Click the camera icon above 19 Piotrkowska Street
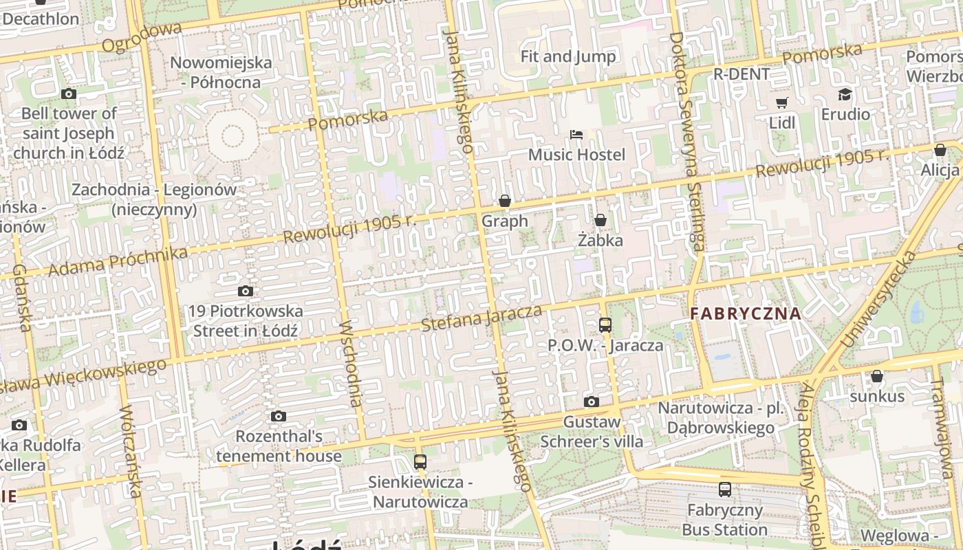point(245,291)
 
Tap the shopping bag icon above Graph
point(505,201)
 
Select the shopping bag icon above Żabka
point(600,220)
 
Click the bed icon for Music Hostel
point(576,134)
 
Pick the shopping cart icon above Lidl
point(781,103)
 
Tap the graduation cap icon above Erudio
point(845,94)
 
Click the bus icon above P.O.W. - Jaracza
point(605,325)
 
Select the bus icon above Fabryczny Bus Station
point(725,489)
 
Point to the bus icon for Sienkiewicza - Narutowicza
point(420,462)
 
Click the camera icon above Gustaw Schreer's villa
point(591,401)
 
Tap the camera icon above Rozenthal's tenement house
point(279,416)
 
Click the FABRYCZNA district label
point(746,314)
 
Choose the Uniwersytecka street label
point(880,299)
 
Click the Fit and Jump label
point(568,56)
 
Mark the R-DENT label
point(742,74)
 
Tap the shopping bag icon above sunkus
point(876,376)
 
